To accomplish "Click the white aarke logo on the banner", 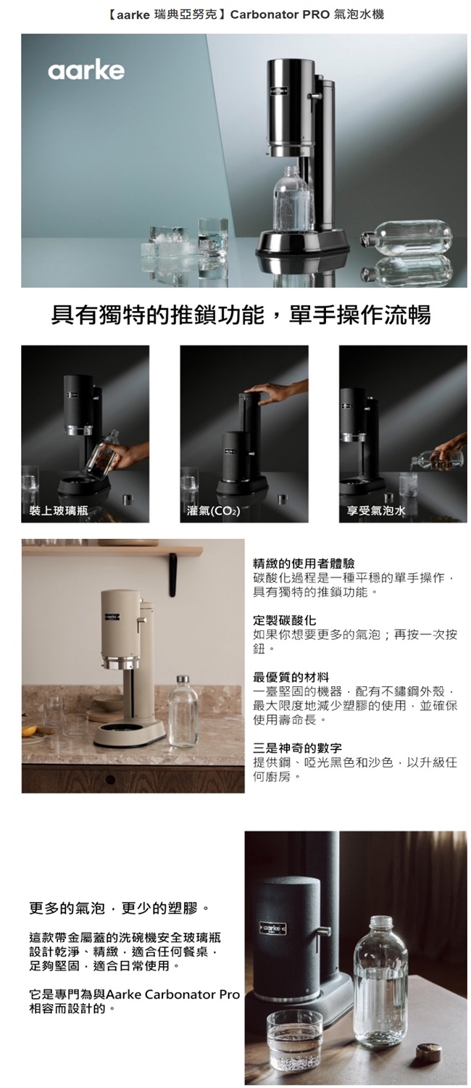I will tap(86, 70).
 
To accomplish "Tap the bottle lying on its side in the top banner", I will tap(406, 239).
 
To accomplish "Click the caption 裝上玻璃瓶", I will tap(58, 511).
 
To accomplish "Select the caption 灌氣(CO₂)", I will tap(213, 511).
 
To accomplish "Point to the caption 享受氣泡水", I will tap(375, 511).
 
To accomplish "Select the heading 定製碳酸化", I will tap(280, 620).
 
